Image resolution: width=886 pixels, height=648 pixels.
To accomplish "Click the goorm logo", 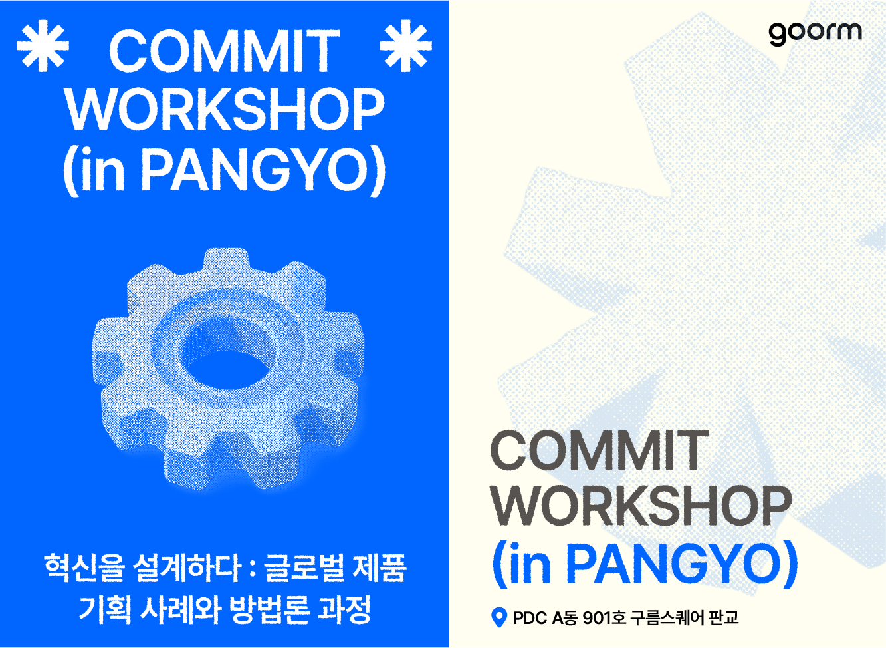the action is click(x=815, y=33).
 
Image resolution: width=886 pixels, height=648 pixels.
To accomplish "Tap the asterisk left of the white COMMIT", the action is click(x=43, y=46).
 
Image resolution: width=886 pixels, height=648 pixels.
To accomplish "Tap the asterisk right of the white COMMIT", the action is click(x=405, y=46).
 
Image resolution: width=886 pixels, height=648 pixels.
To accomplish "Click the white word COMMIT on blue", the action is click(x=224, y=51).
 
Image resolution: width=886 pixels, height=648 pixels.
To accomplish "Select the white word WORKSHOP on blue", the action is click(x=224, y=108).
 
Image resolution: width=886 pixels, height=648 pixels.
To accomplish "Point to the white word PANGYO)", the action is click(x=263, y=170).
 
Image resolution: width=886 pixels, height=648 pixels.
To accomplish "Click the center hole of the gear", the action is click(x=225, y=369).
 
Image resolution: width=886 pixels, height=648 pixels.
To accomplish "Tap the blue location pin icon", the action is click(x=498, y=617).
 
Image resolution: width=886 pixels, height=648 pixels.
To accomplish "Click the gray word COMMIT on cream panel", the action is click(x=600, y=451).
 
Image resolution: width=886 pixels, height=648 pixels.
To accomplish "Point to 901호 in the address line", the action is click(x=604, y=618).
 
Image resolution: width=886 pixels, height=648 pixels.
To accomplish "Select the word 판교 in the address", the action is click(x=724, y=618).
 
